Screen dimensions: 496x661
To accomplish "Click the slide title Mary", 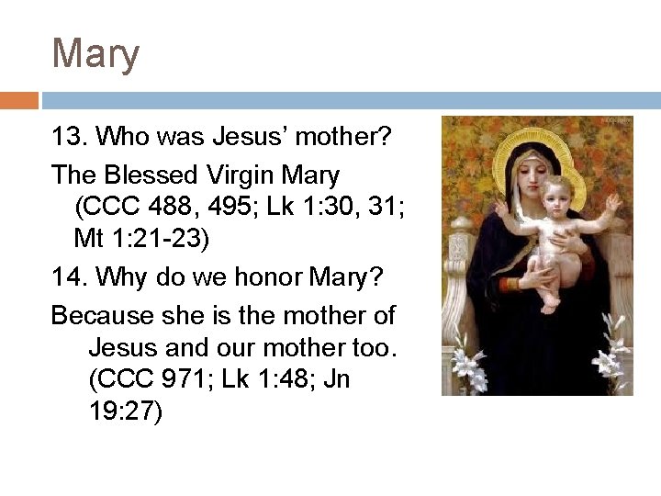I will click(95, 54).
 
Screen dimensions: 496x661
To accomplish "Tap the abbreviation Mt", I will click(88, 239).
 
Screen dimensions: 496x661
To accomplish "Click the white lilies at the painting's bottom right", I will click(611, 354).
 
